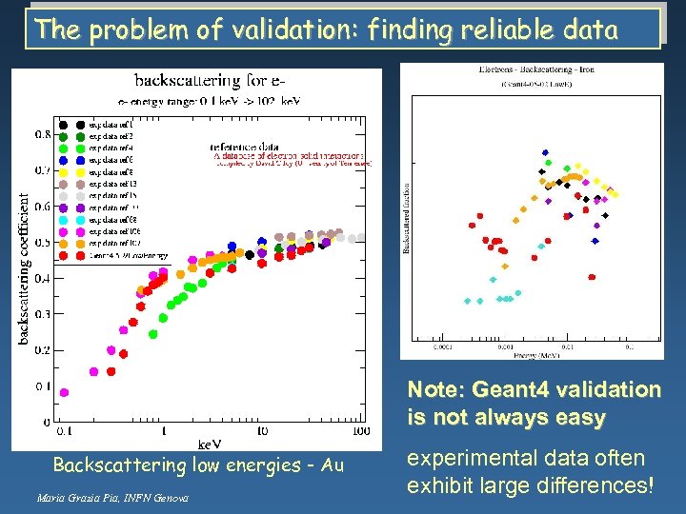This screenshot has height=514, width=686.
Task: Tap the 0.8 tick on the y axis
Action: (43, 135)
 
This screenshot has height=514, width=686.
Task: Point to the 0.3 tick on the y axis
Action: (43, 314)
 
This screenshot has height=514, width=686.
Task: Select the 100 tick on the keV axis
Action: (360, 431)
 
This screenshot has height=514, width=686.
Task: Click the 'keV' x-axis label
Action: (210, 444)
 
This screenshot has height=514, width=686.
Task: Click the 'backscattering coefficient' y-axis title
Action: (24, 257)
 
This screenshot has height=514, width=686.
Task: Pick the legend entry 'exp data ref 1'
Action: (111, 124)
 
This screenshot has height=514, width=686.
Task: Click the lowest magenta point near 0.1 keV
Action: (65, 392)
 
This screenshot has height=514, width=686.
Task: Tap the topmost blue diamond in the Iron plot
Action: (545, 152)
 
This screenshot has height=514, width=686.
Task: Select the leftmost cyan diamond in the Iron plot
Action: (467, 301)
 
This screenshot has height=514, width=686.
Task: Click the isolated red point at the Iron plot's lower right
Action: (592, 277)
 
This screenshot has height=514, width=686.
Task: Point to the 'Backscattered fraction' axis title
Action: (407, 218)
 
